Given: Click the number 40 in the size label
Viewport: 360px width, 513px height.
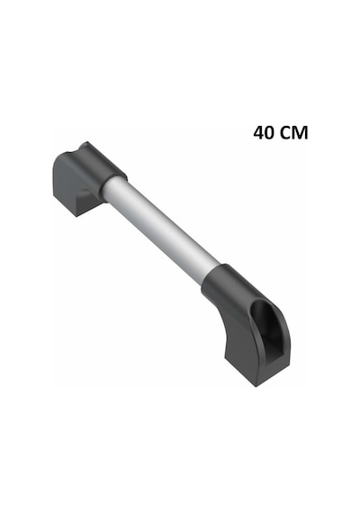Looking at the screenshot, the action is tap(265, 133).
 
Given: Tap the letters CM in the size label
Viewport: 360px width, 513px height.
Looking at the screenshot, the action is tap(294, 133).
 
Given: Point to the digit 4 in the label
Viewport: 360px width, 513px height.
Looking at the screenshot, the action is tap(259, 133).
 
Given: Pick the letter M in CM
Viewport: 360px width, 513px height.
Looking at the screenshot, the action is tap(301, 133).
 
